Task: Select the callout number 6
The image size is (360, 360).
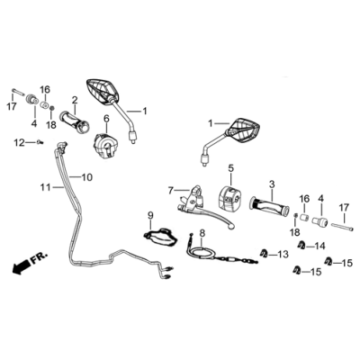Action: pos(105,119)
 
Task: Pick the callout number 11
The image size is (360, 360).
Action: pos(45,186)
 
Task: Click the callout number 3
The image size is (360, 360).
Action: pos(270,184)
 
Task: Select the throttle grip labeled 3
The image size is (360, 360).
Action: pos(271,208)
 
